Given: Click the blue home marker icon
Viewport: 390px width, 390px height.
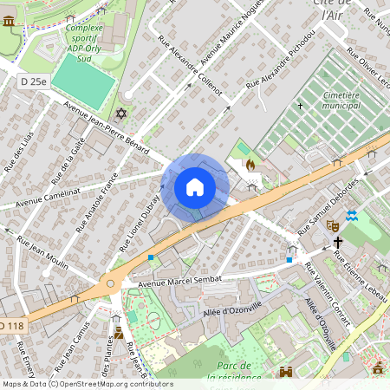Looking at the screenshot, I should (x=195, y=187).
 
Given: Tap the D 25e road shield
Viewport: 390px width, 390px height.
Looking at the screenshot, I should (x=34, y=81).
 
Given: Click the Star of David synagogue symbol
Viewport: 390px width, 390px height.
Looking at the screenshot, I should (x=120, y=114).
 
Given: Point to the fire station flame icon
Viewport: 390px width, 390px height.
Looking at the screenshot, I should (x=251, y=163).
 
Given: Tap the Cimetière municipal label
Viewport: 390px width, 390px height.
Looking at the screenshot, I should (x=328, y=100).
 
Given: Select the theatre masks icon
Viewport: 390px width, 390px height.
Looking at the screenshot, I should (x=331, y=224).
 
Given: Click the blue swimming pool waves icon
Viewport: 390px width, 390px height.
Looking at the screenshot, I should (x=352, y=215).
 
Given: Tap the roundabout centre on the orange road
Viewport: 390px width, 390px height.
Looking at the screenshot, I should (x=110, y=283).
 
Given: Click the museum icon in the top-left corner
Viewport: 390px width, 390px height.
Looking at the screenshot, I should (x=9, y=20).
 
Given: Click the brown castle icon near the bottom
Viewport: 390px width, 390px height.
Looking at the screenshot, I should (x=286, y=372).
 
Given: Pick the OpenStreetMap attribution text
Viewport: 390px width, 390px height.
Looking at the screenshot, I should (x=88, y=383).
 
